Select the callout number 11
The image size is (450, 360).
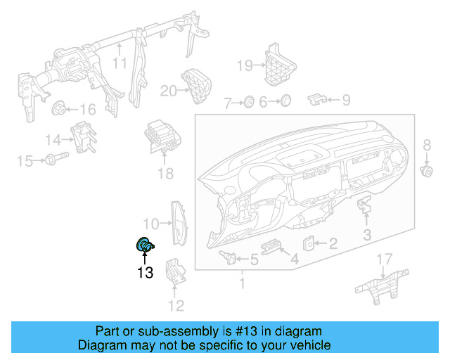tap(120, 63)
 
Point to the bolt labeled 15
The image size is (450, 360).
tap(55, 160)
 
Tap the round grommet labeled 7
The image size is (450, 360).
tap(248, 103)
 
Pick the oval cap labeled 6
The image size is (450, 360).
tap(285, 102)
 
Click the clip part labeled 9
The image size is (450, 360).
tap(317, 99)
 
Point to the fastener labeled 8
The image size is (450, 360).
tap(425, 171)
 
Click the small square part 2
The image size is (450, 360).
tap(310, 243)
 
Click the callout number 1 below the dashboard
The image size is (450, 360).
tap(242, 285)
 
